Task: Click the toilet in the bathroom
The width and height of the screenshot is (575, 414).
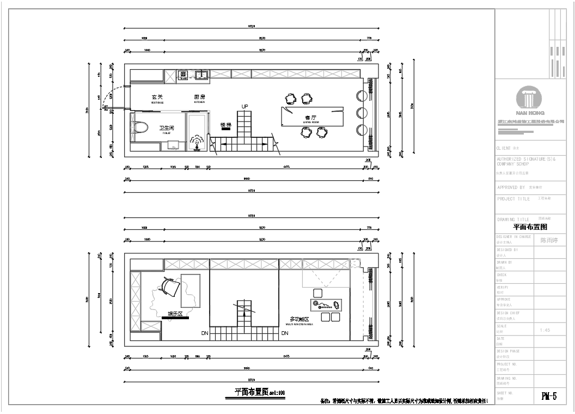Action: [x=139, y=127]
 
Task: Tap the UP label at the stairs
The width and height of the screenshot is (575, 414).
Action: [x=245, y=106]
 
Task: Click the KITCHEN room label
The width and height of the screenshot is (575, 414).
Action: [x=199, y=99]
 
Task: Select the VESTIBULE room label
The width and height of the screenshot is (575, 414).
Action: [x=157, y=99]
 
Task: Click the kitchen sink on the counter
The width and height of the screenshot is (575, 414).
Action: [x=203, y=74]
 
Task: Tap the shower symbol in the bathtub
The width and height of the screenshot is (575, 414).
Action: [x=197, y=142]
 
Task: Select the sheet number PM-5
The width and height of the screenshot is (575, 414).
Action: [x=549, y=396]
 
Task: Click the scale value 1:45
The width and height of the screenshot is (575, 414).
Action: [x=545, y=330]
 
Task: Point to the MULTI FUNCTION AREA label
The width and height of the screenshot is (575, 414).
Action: [x=299, y=320]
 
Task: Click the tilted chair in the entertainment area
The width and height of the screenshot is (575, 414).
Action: [x=170, y=287]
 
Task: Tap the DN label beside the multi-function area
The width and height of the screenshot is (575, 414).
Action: [x=284, y=332]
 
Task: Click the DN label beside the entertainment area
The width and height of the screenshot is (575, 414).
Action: [x=205, y=332]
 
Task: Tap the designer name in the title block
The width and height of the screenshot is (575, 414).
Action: [x=549, y=240]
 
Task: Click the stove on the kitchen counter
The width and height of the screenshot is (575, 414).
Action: [x=183, y=75]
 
